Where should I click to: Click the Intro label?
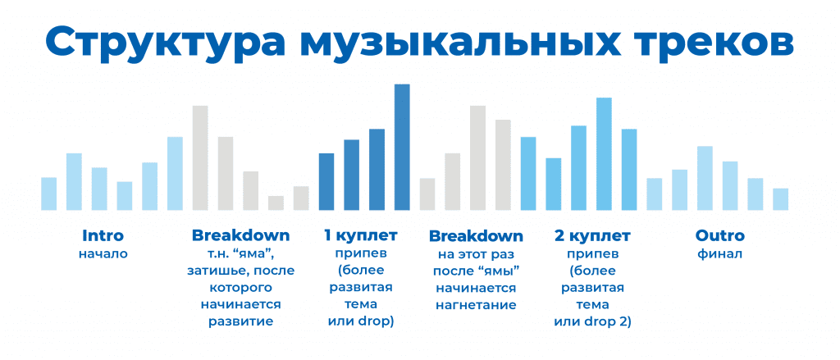pos(103,235)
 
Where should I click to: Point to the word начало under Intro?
pos(103,253)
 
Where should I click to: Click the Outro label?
pos(720,235)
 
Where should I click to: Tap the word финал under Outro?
pos(720,253)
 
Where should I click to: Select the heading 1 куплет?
pos(361,235)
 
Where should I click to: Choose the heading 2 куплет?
pos(592,235)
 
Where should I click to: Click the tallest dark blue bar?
pos(402,148)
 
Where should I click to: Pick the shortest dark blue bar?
pos(326,182)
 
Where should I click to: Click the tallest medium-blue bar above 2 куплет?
pos(604,153)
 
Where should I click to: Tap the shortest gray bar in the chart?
pos(276,203)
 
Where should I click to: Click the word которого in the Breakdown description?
pos(240,288)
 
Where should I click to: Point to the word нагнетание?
pos(476,305)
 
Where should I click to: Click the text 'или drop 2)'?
pos(592,322)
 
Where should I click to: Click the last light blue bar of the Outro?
pos(781,199)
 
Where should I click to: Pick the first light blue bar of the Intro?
pos(48,194)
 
